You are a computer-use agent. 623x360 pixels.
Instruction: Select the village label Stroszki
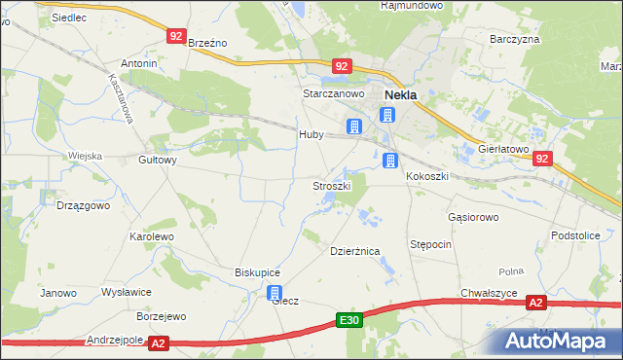coord(331,185)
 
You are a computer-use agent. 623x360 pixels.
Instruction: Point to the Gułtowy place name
coord(158,161)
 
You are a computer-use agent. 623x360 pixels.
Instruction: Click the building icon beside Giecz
coord(275,293)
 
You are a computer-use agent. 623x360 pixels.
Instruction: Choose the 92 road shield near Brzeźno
coord(175,36)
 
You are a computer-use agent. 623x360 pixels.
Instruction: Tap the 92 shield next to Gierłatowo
coord(543,159)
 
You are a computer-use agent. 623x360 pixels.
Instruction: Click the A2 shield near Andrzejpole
coord(160,342)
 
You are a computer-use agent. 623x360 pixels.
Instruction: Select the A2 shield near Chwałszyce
coord(536,304)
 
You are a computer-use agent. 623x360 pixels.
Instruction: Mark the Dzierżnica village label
coord(353,250)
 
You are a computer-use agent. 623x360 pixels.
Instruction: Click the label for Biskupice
coord(257,272)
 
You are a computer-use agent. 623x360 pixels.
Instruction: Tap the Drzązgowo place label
coord(83,206)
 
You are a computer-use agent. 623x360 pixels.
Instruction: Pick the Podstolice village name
coord(574,235)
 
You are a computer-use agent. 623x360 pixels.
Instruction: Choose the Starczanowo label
coord(333,93)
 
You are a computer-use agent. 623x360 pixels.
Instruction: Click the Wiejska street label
coord(85,156)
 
